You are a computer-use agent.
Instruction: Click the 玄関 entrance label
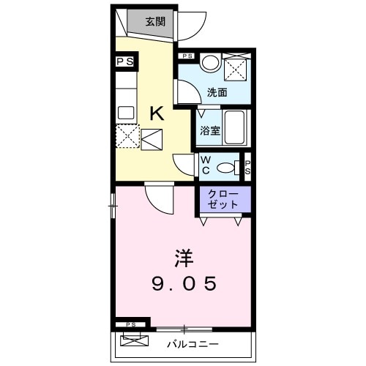pos(154,21)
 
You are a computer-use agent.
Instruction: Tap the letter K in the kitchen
pos(157,113)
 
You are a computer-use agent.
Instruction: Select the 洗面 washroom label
pos(217,93)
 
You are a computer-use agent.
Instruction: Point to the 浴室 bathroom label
pos(210,131)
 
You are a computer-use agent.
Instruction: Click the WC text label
pos(206,165)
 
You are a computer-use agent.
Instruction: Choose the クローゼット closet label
pos(223,199)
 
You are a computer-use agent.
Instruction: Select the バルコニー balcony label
pos(193,343)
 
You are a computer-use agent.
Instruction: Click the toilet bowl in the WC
pos(228,168)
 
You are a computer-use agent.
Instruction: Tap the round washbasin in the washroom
pos(211,64)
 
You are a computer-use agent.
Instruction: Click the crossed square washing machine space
pos(237,68)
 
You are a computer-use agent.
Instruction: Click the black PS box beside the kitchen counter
pos(124,62)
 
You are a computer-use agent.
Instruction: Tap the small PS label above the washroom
pos(187,56)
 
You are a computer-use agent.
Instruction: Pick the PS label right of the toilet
pos(247,168)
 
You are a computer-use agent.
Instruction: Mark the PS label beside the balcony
pos(130,324)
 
